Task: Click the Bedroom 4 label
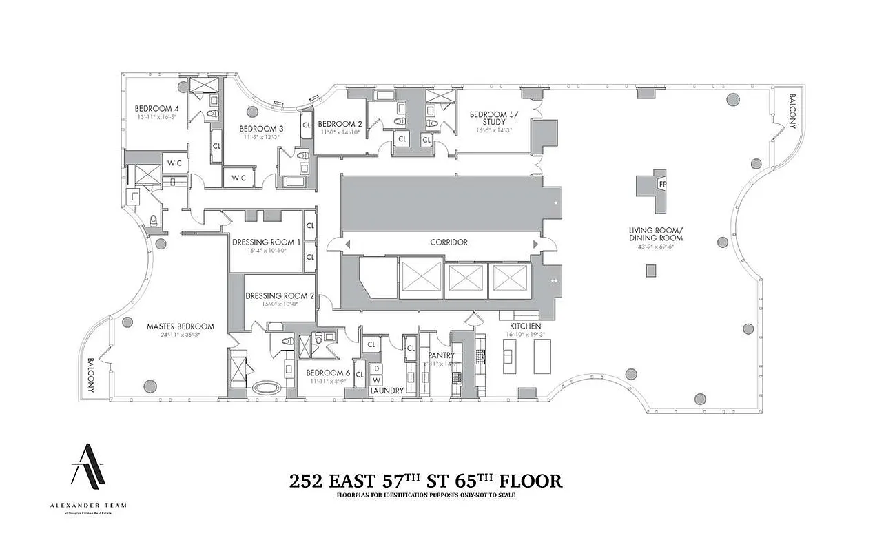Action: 156,108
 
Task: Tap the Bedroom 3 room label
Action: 261,129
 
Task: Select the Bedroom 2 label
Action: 340,124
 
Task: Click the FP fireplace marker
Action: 662,185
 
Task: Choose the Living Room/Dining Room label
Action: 655,233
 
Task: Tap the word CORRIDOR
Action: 449,242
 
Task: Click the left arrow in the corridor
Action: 347,244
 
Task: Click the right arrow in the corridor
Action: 535,244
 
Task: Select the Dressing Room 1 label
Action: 267,242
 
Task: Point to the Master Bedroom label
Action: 180,326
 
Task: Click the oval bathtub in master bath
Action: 268,387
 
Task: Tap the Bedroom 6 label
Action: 329,373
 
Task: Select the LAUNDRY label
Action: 387,391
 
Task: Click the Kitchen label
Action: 525,326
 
